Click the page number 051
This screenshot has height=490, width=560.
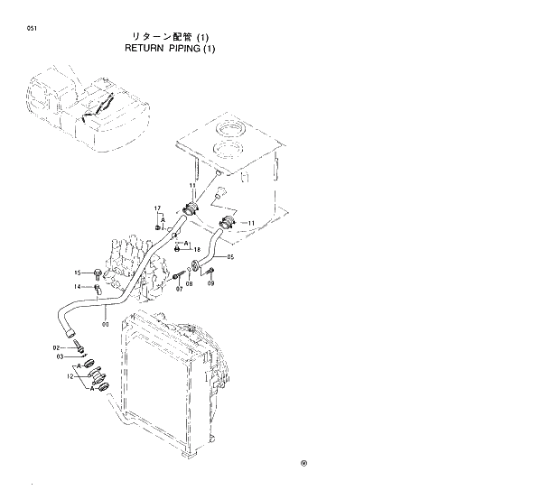pyautogui.click(x=32, y=29)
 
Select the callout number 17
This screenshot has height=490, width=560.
pyautogui.click(x=156, y=208)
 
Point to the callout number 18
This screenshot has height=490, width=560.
pyautogui.click(x=197, y=249)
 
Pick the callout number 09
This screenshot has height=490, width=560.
pyautogui.click(x=210, y=283)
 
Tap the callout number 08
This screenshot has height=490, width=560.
pyautogui.click(x=189, y=283)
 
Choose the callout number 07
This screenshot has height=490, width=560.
pyautogui.click(x=179, y=289)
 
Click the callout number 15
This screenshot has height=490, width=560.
pyautogui.click(x=79, y=273)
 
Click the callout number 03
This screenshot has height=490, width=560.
pyautogui.click(x=60, y=356)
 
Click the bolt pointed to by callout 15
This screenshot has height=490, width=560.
pyautogui.click(x=97, y=273)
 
